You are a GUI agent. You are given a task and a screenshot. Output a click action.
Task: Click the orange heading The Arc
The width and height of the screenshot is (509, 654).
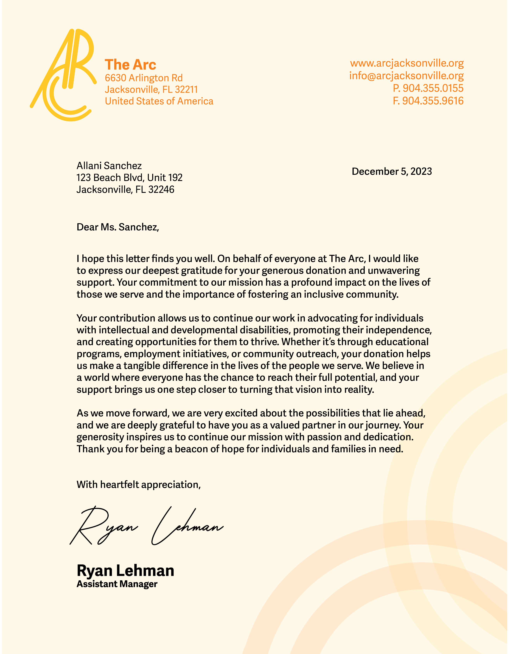click(x=130, y=65)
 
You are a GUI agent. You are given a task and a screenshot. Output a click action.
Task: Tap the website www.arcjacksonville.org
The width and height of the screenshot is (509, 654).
click(x=407, y=63)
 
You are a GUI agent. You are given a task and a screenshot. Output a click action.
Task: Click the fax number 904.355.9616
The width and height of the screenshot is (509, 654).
click(x=433, y=101)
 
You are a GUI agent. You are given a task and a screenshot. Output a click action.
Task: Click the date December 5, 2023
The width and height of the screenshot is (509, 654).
click(x=391, y=171)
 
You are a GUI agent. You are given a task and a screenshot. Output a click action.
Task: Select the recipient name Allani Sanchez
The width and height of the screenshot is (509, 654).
click(x=109, y=166)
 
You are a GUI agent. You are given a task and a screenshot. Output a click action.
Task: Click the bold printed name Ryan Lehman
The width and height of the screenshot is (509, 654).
click(x=125, y=570)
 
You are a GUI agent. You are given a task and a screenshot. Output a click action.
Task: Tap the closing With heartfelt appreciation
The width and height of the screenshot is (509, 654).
click(x=138, y=484)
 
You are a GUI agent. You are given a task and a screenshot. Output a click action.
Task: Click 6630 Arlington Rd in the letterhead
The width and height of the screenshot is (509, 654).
click(x=143, y=78)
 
